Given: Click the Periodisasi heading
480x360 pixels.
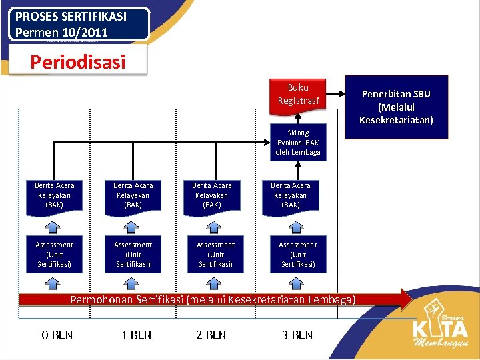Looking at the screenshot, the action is coord(77,63).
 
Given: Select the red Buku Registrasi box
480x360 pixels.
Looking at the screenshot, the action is coord(298,94).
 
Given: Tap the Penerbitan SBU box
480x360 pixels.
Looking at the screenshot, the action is coord(396,107).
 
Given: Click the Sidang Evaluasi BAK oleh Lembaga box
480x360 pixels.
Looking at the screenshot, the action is coord(298,142).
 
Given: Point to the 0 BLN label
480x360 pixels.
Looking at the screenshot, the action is coord(57,335).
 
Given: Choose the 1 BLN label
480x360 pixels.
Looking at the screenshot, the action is coord(137,335).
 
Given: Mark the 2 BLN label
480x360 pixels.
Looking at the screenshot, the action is coord(211,335).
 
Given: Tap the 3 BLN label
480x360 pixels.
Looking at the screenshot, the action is coord(297,335).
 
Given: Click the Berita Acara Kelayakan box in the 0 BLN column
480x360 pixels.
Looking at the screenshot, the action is coord(55,195).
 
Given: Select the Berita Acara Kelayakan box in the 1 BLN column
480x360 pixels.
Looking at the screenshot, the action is coord(133,195).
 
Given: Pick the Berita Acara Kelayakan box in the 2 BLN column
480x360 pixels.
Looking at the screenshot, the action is coord(211,195).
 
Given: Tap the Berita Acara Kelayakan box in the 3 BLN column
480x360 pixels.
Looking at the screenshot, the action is coord(290,195).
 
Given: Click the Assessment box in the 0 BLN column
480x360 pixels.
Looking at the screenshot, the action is coord(55,255).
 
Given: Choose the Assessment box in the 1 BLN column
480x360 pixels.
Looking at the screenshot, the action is coord(133,255).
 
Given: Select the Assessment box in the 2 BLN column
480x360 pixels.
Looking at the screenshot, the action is coord(215,255).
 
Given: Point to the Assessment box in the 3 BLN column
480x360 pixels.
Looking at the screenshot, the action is coord(298,255).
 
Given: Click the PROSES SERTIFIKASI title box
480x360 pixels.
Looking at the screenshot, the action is coord(79,25).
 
